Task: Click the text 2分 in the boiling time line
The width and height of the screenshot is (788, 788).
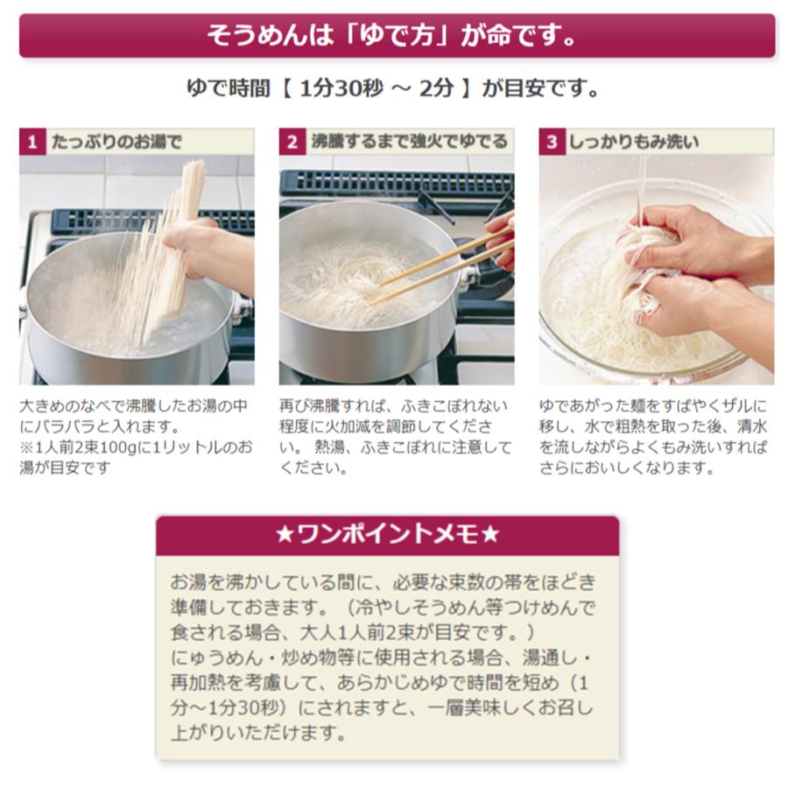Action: point(435,89)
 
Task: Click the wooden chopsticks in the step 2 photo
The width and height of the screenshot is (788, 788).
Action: point(438,263)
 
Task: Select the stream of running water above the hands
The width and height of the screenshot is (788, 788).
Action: point(642,188)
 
